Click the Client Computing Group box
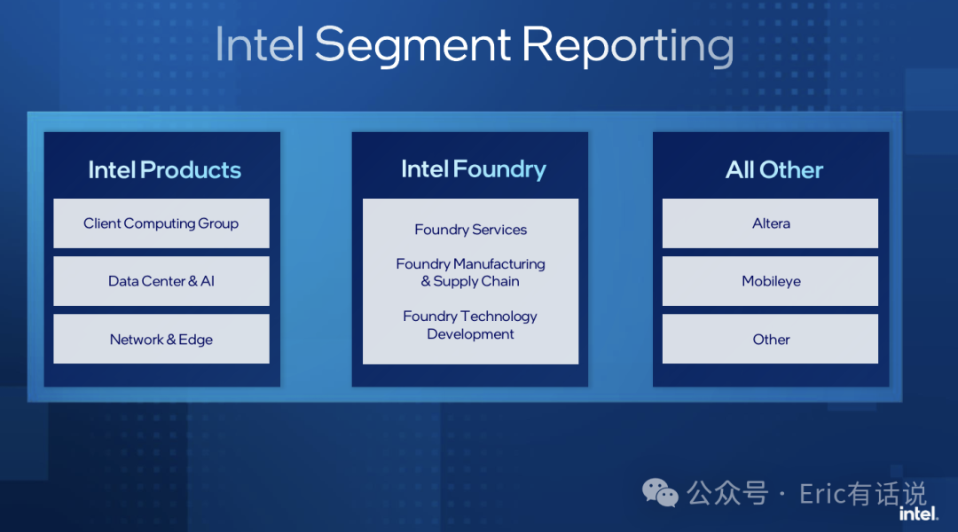(x=161, y=223)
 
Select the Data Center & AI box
(x=161, y=281)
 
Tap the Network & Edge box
(x=161, y=339)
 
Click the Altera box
(x=771, y=223)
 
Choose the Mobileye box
(x=771, y=281)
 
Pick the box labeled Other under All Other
(x=771, y=339)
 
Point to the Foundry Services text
(x=470, y=230)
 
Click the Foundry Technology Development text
(x=470, y=325)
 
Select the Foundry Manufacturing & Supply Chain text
(x=470, y=272)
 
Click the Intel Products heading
(x=164, y=170)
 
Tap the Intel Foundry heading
(x=474, y=170)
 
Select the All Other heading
(x=774, y=170)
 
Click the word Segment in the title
(x=412, y=46)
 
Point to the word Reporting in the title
(x=627, y=46)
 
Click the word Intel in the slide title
(x=260, y=44)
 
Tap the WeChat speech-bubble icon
(x=660, y=493)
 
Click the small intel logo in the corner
(x=918, y=514)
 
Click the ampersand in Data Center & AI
(x=192, y=281)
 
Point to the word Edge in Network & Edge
(x=195, y=340)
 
